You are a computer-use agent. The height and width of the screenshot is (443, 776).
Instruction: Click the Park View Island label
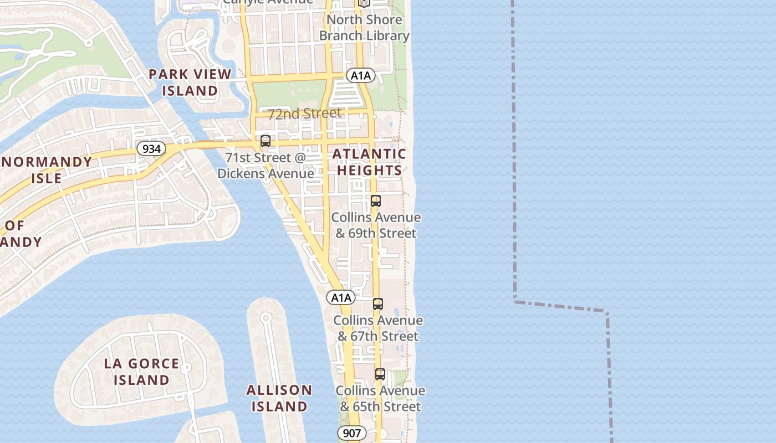(190, 82)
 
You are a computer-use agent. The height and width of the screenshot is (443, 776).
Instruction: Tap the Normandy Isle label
(47, 170)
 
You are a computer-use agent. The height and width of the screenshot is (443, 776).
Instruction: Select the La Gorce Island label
(141, 372)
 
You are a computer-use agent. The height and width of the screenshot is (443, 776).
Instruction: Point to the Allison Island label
(279, 398)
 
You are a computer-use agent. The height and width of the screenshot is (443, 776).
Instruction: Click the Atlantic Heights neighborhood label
(369, 162)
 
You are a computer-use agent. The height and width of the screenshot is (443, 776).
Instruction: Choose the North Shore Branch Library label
(364, 28)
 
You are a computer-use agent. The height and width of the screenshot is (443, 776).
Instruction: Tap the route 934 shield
(151, 148)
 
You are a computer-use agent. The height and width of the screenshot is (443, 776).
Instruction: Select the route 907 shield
(351, 433)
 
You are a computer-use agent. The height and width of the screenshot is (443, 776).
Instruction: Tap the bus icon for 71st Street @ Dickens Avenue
(266, 141)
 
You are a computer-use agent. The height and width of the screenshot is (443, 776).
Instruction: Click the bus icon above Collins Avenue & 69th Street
(376, 201)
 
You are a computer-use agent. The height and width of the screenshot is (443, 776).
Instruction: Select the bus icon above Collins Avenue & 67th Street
(377, 303)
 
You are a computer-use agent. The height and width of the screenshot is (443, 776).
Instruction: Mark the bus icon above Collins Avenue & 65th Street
(380, 374)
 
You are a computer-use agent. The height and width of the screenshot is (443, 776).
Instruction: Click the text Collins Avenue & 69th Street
(376, 225)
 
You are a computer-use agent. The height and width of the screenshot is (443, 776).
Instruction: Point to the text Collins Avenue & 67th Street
(377, 328)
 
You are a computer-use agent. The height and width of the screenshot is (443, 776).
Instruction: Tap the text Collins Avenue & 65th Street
(380, 399)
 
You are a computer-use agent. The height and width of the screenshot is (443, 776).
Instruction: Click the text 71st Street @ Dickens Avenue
(266, 166)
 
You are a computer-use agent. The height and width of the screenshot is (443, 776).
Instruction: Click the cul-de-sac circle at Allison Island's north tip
(266, 318)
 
